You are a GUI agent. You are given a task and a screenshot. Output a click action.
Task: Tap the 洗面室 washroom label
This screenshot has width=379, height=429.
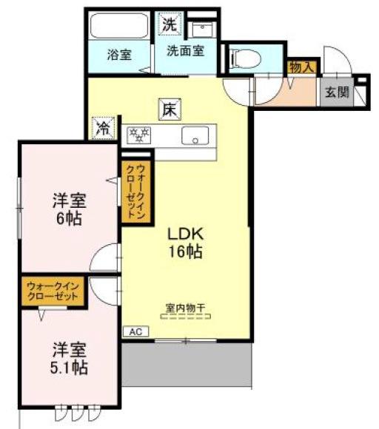(185, 51)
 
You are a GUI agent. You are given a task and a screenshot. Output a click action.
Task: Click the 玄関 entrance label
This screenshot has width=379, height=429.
(335, 92)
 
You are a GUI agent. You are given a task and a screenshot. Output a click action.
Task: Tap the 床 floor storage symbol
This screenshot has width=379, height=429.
(169, 109)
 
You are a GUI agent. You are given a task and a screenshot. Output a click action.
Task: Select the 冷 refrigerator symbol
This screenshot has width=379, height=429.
(103, 128)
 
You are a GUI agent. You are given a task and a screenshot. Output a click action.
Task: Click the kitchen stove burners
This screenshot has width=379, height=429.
(138, 135)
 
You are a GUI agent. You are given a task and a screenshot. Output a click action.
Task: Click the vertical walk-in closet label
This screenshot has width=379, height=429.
(138, 192)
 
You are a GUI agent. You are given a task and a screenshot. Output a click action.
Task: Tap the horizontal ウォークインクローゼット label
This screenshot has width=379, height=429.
(52, 291)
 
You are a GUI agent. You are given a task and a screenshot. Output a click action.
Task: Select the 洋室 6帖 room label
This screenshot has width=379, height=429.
(68, 209)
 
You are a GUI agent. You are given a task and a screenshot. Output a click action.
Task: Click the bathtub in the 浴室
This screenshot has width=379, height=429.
(118, 28)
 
